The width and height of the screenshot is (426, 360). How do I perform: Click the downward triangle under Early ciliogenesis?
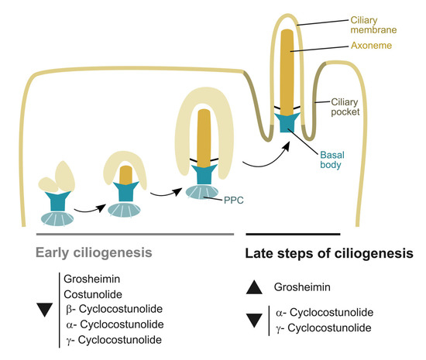48,310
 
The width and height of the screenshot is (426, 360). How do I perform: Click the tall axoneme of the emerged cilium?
287,70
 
